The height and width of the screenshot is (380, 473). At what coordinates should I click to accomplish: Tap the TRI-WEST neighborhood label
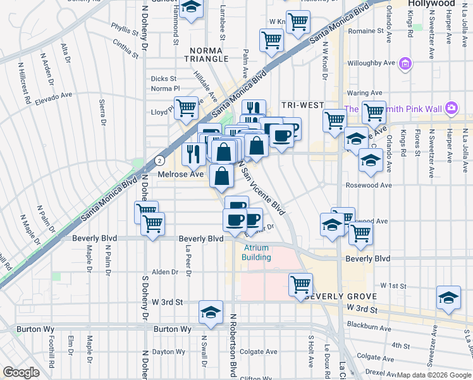click(303, 105)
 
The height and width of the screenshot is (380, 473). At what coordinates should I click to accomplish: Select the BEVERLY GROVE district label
click(341, 296)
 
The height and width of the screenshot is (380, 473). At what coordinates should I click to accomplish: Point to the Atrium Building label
click(256, 253)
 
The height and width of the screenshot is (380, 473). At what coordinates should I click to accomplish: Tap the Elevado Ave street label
click(54, 98)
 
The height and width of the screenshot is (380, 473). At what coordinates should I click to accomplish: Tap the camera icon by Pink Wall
click(451, 108)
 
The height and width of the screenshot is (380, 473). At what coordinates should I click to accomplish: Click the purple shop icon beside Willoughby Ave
click(406, 63)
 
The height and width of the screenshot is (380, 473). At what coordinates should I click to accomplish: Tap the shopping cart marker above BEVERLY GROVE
click(300, 284)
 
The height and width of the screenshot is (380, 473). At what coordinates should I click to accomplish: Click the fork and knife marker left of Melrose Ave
click(193, 153)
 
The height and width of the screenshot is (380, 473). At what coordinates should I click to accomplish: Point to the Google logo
click(21, 372)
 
